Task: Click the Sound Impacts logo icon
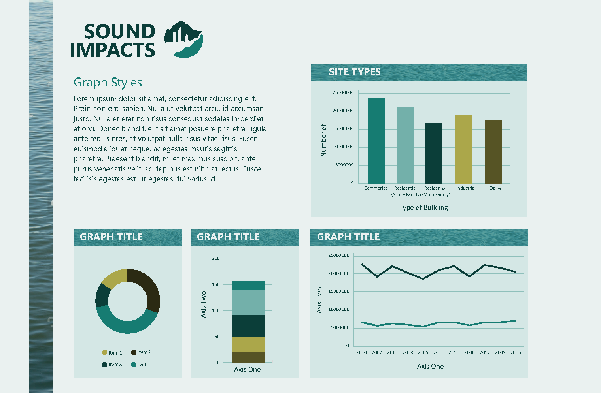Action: [x=183, y=39]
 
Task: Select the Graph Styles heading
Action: [x=108, y=83]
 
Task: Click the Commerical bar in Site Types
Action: [x=376, y=141]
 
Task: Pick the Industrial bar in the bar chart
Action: [x=463, y=149]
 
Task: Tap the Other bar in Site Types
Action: [x=493, y=152]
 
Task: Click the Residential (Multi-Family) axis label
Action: [x=436, y=191]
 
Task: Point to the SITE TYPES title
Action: [x=354, y=72]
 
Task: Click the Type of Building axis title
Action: [x=423, y=207]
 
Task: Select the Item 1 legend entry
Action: [x=112, y=353]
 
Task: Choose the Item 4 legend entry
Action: [x=141, y=364]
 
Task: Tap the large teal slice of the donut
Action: [x=127, y=322]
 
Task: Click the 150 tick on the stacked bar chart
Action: [x=216, y=284]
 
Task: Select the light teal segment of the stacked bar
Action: [x=248, y=302]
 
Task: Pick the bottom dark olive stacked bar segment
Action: [x=248, y=357]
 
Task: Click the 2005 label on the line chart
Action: [x=423, y=352]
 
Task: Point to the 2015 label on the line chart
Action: [x=516, y=352]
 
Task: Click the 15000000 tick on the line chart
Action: [x=338, y=291]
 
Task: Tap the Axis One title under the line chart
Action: [x=430, y=366]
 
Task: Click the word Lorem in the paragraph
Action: [x=84, y=99]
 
